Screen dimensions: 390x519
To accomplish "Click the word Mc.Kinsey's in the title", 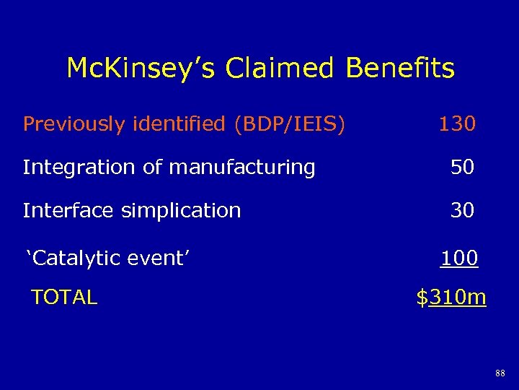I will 141,69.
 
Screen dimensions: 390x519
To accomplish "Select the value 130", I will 457,125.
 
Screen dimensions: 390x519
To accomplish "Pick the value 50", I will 462,168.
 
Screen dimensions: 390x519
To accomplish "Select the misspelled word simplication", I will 181,211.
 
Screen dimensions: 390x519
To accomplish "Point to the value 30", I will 462,210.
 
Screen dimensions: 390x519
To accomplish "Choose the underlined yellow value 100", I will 459,258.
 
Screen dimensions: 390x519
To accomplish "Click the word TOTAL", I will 64,297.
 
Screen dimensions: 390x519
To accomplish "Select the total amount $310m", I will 451,297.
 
